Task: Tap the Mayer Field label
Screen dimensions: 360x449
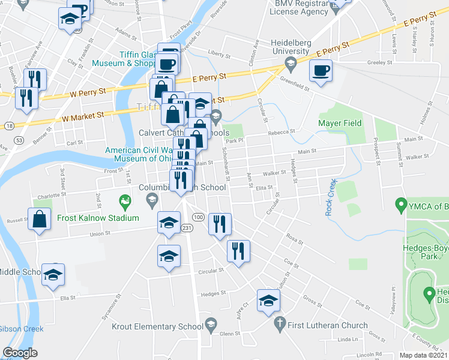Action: pyautogui.click(x=340, y=123)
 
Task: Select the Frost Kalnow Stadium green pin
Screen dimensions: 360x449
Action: pyautogui.click(x=125, y=200)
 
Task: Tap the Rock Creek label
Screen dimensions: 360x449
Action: pyautogui.click(x=329, y=197)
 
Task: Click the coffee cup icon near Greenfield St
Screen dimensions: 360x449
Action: pyautogui.click(x=321, y=71)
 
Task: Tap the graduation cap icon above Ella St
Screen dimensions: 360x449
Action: pyautogui.click(x=53, y=275)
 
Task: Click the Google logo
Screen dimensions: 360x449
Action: pyautogui.click(x=20, y=353)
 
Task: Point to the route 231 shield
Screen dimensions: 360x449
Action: pyautogui.click(x=187, y=228)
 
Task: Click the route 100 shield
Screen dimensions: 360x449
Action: pyautogui.click(x=199, y=217)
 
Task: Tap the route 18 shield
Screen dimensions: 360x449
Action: pyautogui.click(x=10, y=126)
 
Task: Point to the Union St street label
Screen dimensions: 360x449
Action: pyautogui.click(x=100, y=233)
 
